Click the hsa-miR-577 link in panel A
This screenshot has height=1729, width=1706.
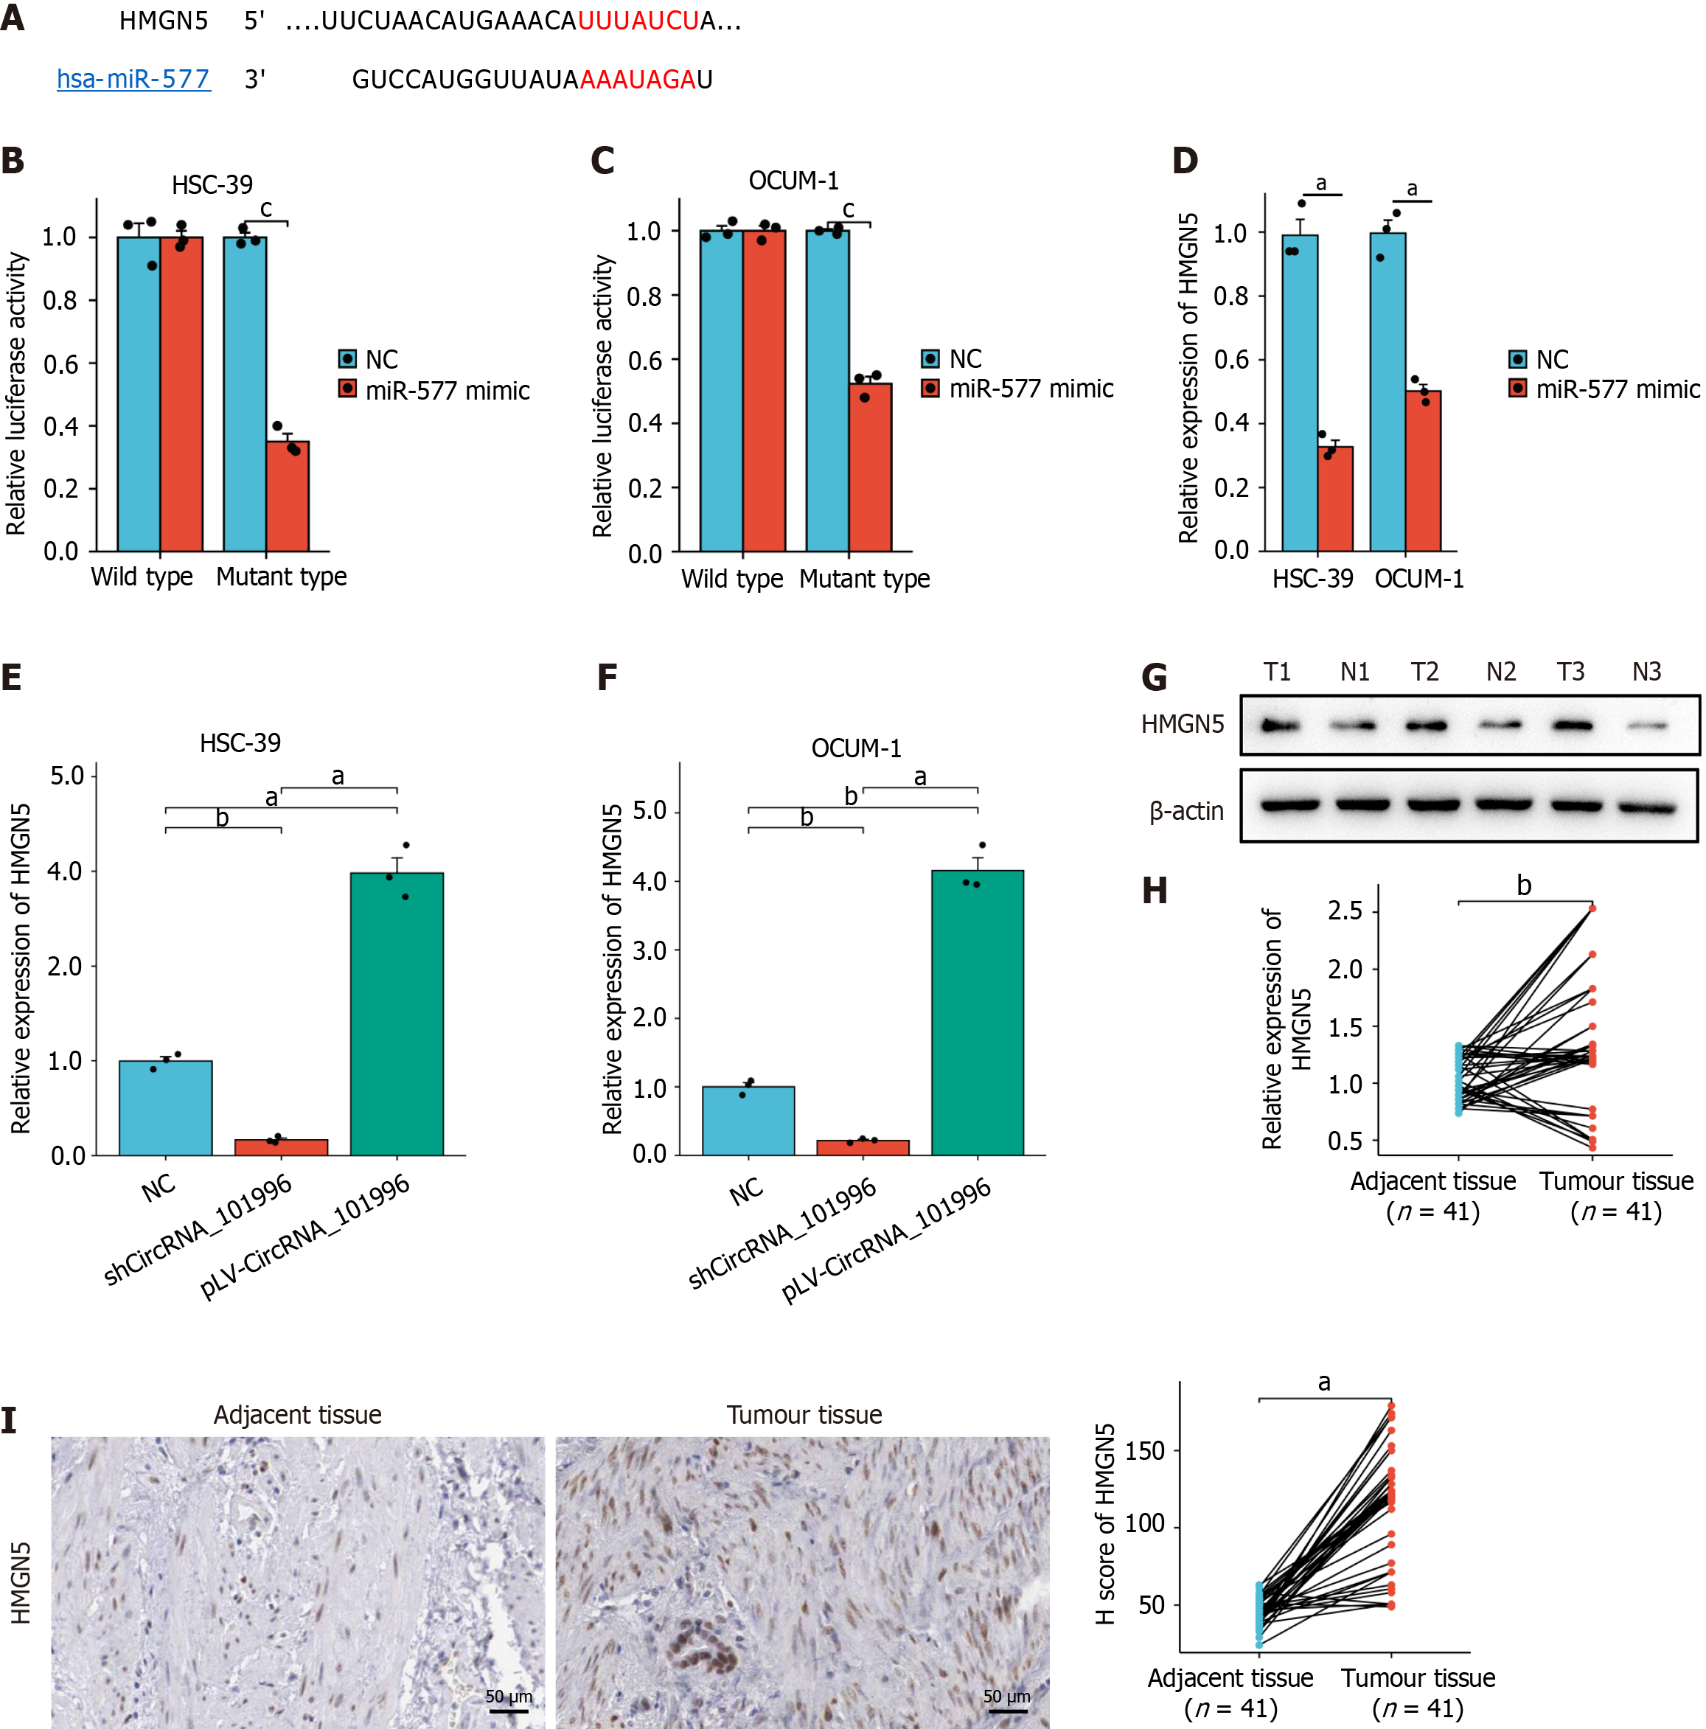(133, 80)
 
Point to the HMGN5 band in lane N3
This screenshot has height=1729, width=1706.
(1646, 726)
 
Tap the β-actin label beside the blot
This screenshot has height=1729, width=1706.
(1186, 811)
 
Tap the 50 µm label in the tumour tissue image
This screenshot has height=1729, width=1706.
(1006, 1696)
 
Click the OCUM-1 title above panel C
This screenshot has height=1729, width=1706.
(794, 181)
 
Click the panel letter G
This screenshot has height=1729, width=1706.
(1154, 678)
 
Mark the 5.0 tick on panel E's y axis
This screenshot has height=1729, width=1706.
(67, 775)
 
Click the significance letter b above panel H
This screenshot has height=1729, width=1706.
(1523, 886)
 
